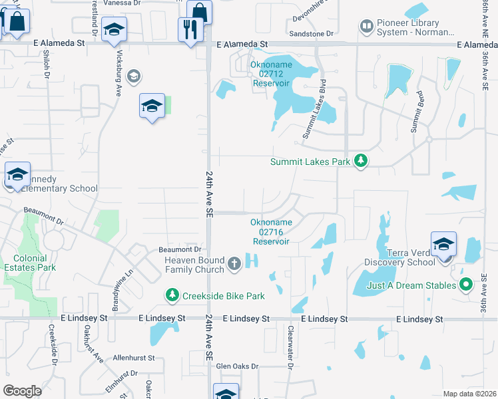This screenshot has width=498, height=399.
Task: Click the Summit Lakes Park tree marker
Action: (361, 161)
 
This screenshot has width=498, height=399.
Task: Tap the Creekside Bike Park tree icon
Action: (172, 295)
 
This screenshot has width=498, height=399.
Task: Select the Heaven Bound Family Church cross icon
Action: (234, 264)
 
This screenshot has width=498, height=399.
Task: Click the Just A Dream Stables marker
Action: (466, 285)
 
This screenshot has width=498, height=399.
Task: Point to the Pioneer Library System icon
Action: (366, 27)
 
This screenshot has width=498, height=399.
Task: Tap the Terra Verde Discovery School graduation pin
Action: (443, 243)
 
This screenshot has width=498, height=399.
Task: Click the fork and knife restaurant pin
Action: (190, 29)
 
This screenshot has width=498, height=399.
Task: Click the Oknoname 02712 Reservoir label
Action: (271, 74)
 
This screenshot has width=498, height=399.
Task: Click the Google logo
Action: (22, 390)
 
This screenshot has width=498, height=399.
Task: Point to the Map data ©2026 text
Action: (469, 394)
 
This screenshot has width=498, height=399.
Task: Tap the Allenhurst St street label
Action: (133, 358)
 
